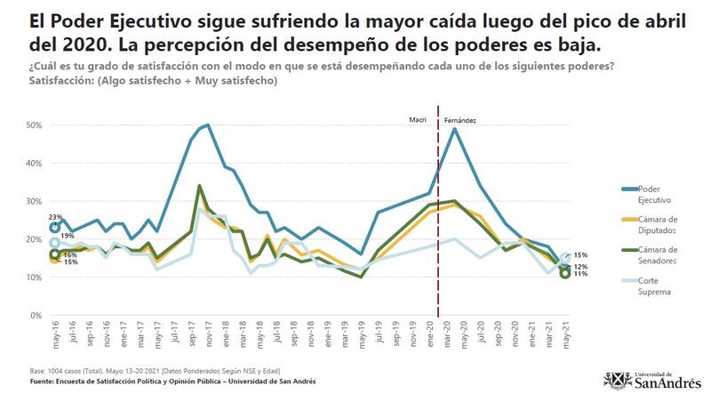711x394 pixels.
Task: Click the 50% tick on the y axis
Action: tap(33, 125)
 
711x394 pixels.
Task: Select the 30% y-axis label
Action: tap(33, 202)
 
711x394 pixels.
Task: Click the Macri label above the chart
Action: tap(418, 118)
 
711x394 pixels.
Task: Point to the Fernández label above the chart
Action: tap(460, 118)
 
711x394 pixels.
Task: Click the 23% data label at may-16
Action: tap(55, 217)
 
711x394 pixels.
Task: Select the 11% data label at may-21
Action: tap(578, 274)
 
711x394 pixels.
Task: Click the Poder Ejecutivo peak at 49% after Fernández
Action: tap(455, 129)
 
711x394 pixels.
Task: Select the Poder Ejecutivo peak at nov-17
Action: tap(207, 125)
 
